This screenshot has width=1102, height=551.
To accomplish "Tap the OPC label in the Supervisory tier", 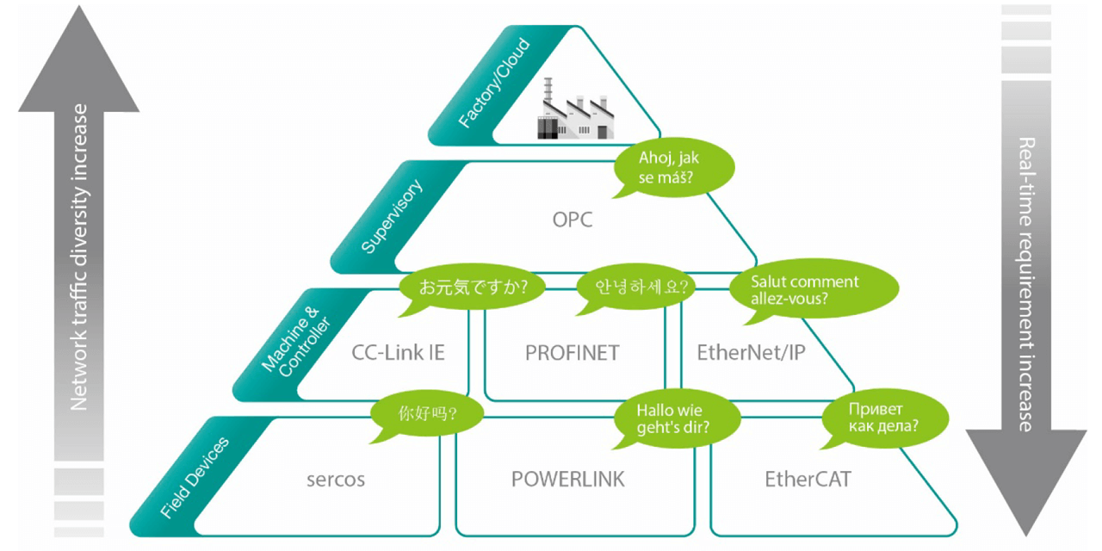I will pos(573,220).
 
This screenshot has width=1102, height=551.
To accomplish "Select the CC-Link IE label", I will pos(398,352).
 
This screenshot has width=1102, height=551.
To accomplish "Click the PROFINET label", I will pos(572,352).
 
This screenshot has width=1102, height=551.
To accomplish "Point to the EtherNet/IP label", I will pos(750,352).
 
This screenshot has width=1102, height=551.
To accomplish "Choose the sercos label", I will pos(336,479).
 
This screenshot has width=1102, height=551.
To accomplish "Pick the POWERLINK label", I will pos(568,479).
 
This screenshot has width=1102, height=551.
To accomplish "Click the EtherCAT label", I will pos(808,479).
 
